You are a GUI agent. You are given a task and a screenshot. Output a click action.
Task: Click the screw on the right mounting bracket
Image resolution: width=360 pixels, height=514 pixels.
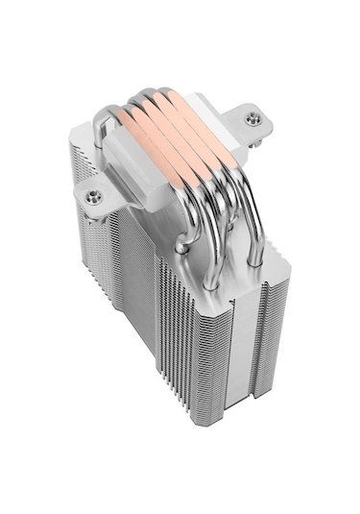pos(252,118)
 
